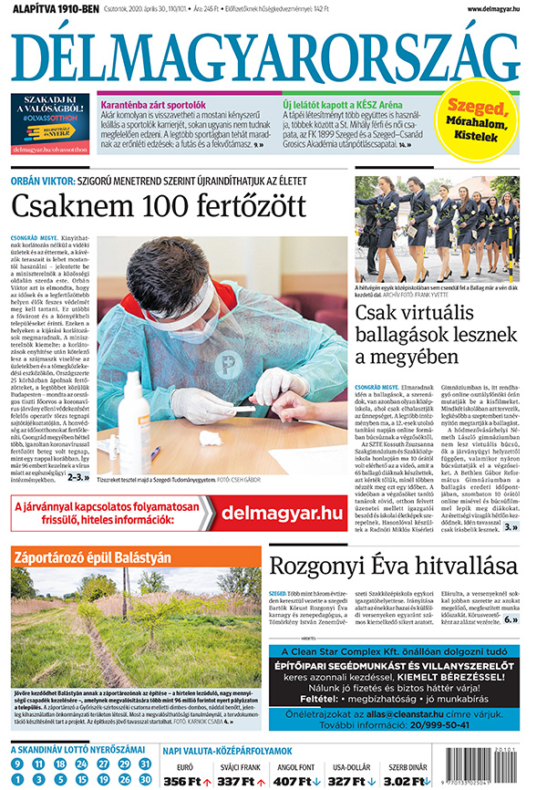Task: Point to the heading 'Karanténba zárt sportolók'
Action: point(150,105)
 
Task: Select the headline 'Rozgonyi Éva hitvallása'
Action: point(393,566)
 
